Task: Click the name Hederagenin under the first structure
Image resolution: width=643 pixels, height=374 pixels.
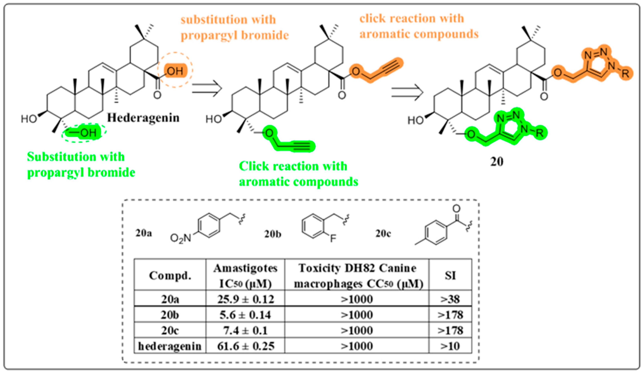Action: (x=143, y=118)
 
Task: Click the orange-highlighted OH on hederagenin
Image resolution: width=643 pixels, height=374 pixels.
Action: (x=175, y=71)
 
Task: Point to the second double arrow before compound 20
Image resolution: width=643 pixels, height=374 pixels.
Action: (x=407, y=92)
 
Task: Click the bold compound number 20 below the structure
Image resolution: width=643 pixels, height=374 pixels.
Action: (x=497, y=161)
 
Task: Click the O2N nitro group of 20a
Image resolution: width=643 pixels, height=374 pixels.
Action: (x=180, y=238)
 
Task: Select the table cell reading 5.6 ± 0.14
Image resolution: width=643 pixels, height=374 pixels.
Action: (x=245, y=315)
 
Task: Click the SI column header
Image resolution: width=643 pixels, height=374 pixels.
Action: (x=450, y=275)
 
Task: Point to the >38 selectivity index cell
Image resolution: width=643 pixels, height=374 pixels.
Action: (x=450, y=299)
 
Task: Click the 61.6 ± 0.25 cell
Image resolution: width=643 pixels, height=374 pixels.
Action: (x=245, y=346)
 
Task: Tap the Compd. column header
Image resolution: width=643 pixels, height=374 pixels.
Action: (x=170, y=275)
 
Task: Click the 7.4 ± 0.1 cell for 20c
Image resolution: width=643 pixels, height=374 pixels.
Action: (x=245, y=330)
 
